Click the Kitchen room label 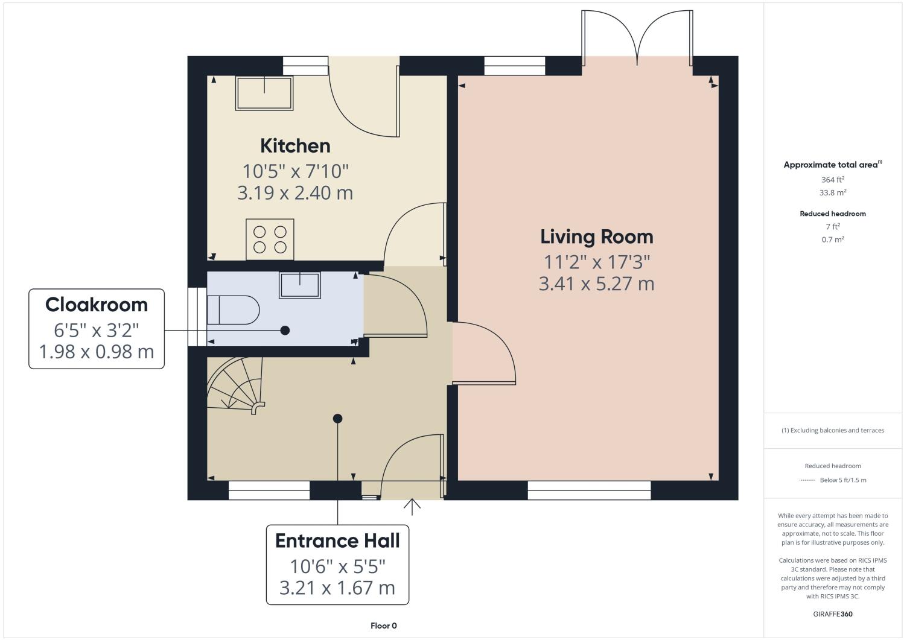295,146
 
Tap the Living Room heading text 596,236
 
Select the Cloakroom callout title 97,305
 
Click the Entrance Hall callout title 337,540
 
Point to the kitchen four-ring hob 270,239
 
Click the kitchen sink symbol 264,93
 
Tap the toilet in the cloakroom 232,310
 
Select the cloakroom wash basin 299,285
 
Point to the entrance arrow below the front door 412,507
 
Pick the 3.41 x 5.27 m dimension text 596,284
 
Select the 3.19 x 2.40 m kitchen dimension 295,193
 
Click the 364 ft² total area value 832,180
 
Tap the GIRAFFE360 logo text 832,615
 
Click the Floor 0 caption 384,626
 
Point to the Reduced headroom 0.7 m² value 832,239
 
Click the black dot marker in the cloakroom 285,331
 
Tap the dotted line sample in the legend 807,480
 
